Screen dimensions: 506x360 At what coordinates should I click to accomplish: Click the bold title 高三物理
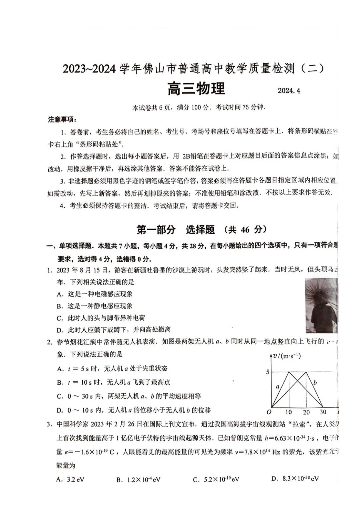point(196,89)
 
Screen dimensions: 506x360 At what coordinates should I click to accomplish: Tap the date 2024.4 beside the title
point(289,91)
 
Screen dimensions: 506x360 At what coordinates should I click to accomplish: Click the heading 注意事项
point(62,119)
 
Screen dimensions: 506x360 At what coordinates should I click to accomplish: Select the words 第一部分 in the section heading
point(156,229)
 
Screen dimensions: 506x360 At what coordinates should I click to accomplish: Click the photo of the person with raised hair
point(321,305)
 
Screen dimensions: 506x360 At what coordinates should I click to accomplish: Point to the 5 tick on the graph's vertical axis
point(267,372)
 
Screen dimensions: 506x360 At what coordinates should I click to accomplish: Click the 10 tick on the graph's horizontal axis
point(288,412)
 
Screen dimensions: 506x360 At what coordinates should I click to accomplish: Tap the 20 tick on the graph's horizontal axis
point(306,412)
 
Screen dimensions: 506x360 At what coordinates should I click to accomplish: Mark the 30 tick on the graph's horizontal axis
point(323,412)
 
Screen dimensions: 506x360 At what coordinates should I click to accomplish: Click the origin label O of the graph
point(269,412)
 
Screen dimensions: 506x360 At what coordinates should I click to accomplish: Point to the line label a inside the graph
point(278,387)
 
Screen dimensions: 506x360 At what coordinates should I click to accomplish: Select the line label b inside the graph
point(315,383)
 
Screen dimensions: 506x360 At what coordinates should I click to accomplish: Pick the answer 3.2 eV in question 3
point(70,479)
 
